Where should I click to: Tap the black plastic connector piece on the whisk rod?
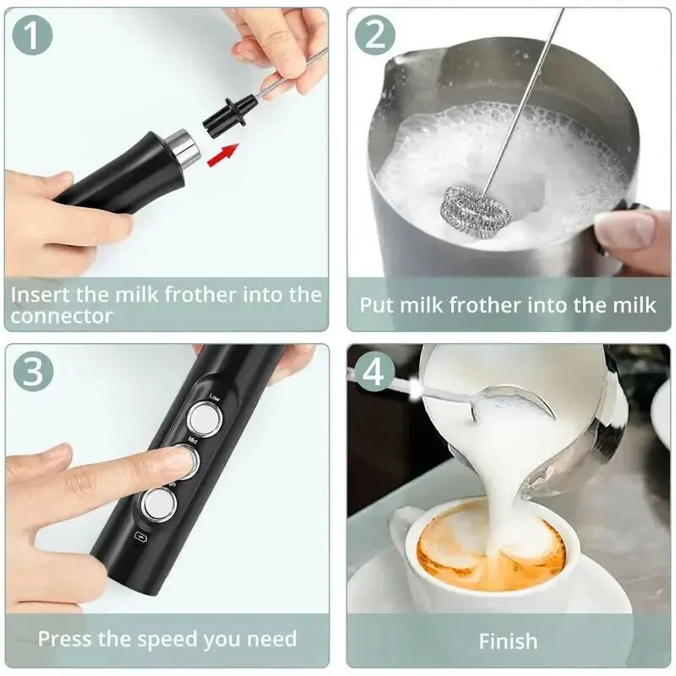coord(226,114)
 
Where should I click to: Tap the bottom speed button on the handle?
coord(158,505)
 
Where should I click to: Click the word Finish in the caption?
coord(508,641)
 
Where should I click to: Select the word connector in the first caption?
coord(63,315)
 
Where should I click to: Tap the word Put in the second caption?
coord(377,305)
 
